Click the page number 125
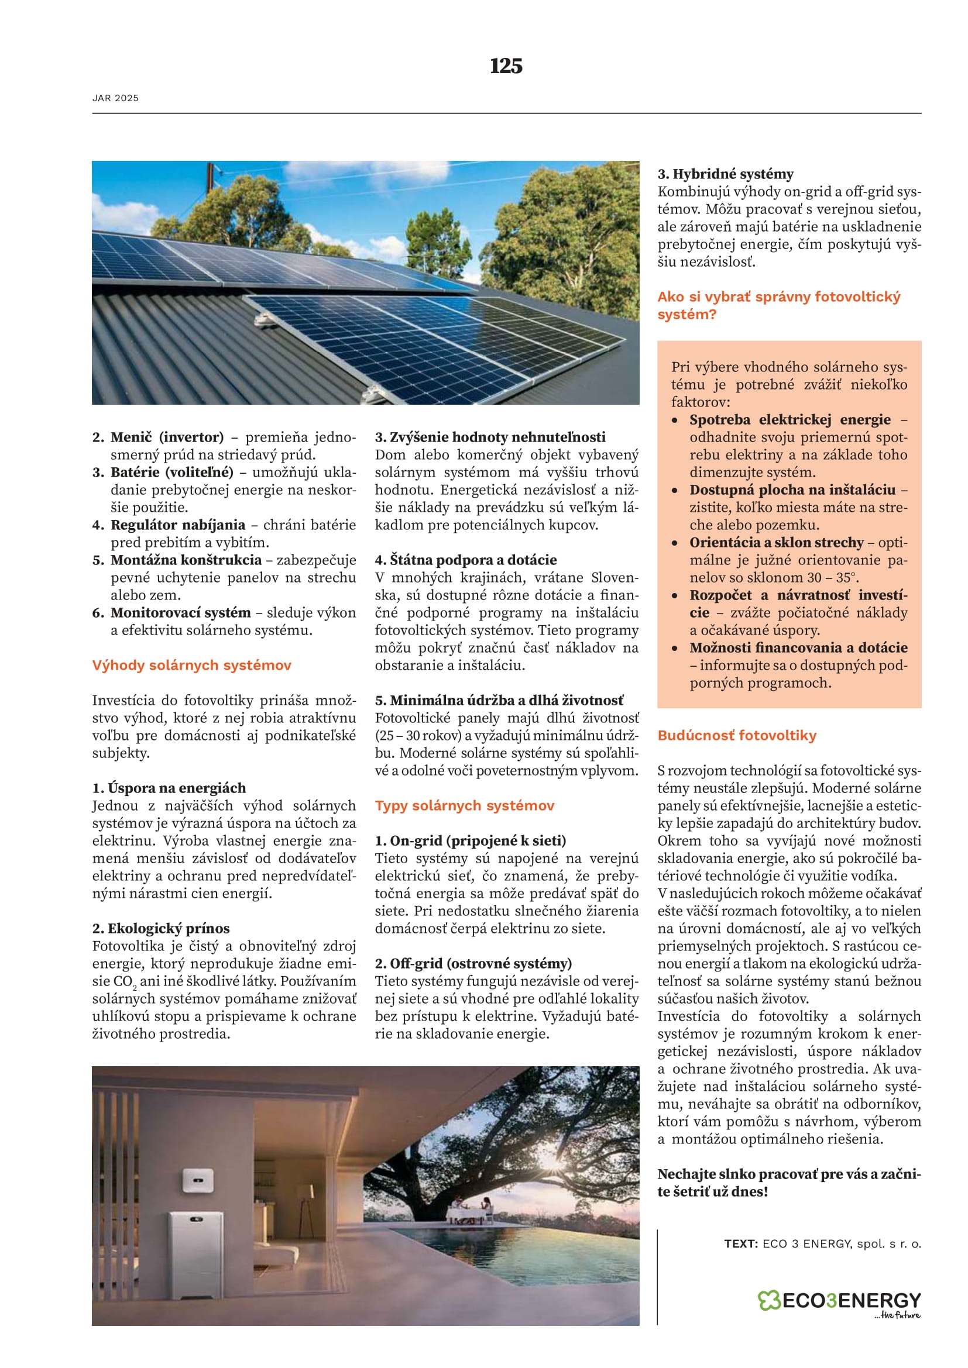[x=506, y=66]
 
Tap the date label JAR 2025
[x=116, y=98]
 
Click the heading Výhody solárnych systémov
[x=191, y=665]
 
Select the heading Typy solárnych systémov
[x=464, y=805]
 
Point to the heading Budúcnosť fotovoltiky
[x=737, y=735]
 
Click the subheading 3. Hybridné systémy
[x=725, y=174]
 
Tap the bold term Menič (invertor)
[x=167, y=437]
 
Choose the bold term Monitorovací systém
[x=181, y=612]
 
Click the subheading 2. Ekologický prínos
[x=160, y=928]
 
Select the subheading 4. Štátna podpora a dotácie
[x=465, y=560]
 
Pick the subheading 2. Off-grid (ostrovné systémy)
[x=473, y=963]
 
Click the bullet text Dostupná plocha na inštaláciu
[x=792, y=490]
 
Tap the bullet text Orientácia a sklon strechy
[x=776, y=543]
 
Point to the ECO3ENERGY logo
[x=839, y=1301]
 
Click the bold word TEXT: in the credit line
[x=741, y=1243]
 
